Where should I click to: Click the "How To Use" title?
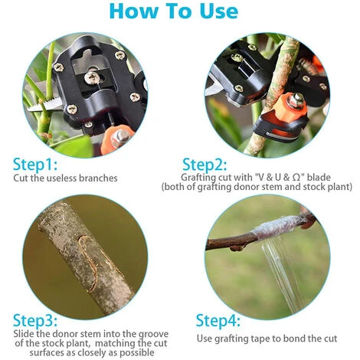[174, 11]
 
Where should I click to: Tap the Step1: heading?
[35, 165]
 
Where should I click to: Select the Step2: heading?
[205, 165]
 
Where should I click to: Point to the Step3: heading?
[35, 321]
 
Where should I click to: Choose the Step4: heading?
[218, 321]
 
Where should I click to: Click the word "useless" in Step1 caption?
[61, 178]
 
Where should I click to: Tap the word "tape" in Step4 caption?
[260, 339]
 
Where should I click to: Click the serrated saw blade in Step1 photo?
[44, 105]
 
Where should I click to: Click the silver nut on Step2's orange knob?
[296, 99]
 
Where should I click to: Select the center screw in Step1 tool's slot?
[92, 77]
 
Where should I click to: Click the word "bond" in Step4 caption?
[294, 339]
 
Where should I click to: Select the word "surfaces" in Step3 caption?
[46, 353]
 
